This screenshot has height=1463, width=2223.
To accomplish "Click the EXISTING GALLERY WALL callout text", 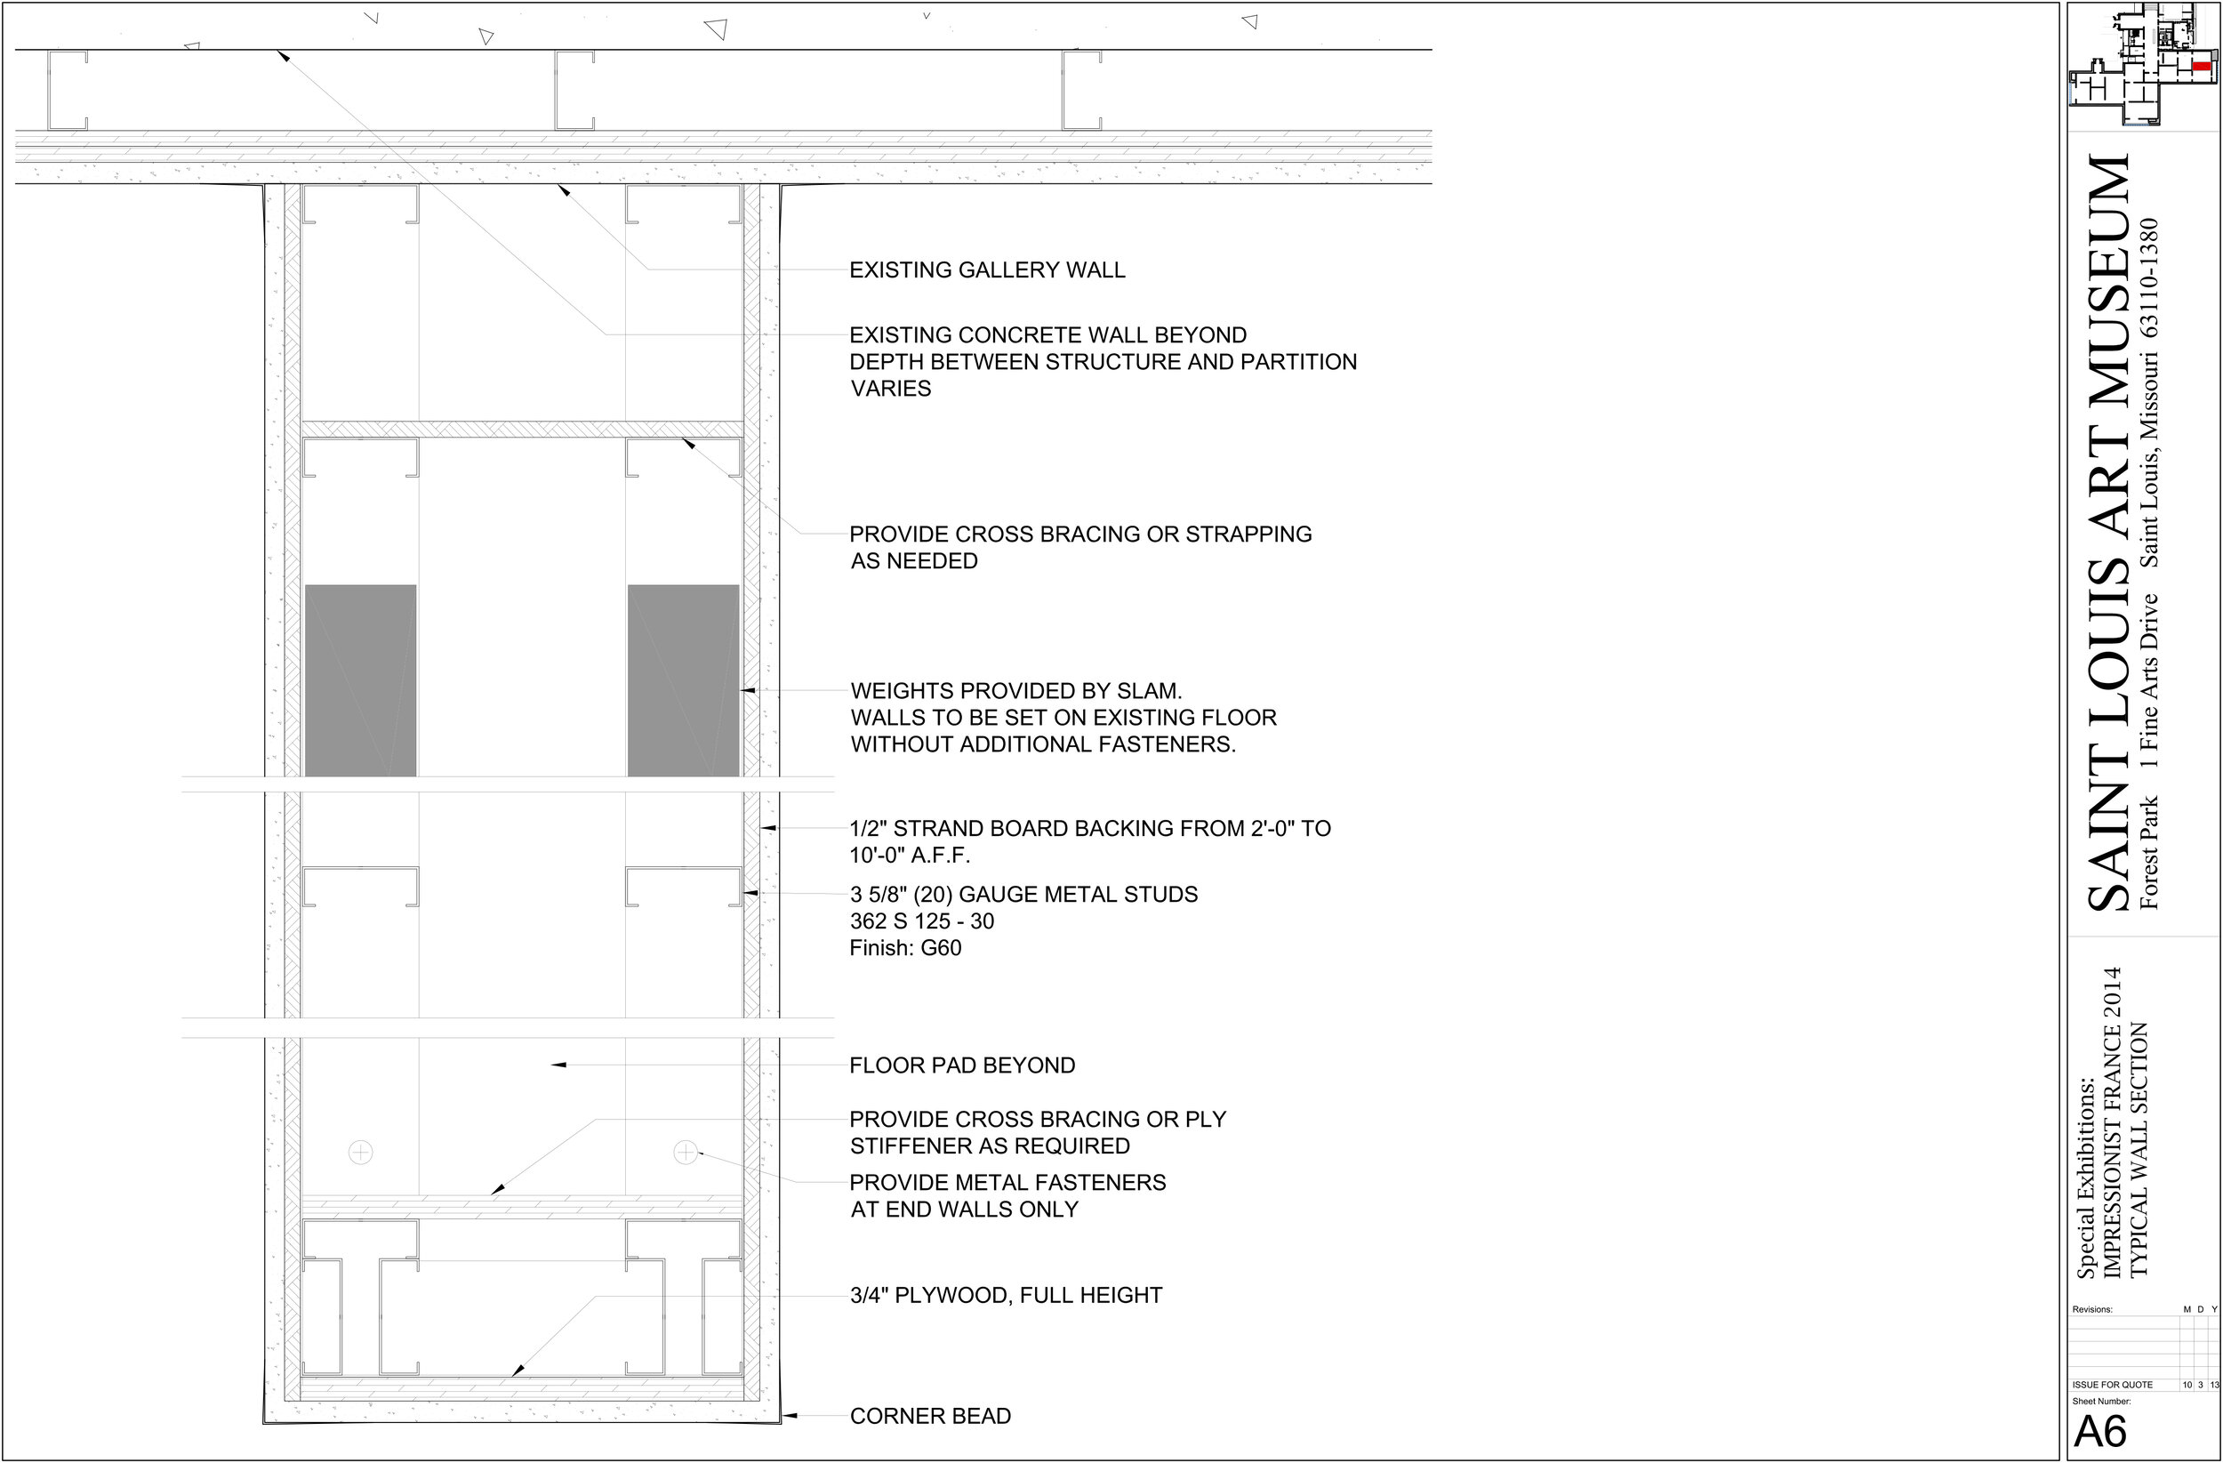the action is click(987, 270).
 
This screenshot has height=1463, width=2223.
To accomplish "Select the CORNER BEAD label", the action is click(930, 1416).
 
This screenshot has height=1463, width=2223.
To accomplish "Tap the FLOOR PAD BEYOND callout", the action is click(962, 1065).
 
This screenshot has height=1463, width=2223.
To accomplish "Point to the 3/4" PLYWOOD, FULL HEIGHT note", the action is click(1006, 1295).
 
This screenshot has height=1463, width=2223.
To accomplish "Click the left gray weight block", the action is click(360, 680).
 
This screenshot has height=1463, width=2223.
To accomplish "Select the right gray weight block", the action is click(683, 680).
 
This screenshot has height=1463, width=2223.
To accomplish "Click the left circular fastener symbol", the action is click(360, 1153).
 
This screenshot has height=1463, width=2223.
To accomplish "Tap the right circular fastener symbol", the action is click(686, 1153).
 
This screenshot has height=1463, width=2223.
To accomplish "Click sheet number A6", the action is click(2100, 1431).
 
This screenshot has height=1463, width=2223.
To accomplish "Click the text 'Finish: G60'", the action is click(905, 948).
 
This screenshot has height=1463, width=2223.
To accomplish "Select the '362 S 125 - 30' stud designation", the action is click(922, 921).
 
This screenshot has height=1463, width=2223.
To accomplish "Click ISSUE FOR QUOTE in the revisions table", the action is click(2112, 1385).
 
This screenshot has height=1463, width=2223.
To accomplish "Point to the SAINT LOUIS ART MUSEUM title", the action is click(2109, 533).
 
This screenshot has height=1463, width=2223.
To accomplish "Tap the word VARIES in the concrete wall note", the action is click(891, 389).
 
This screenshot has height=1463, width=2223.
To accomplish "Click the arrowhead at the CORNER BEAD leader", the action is click(788, 1416).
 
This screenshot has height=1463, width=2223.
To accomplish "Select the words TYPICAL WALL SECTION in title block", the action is click(2139, 1150).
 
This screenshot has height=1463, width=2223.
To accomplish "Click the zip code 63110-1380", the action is click(2150, 277).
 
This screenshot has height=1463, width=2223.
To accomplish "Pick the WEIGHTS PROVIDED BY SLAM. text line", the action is click(1016, 691).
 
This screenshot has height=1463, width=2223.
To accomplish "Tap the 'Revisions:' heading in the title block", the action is click(2092, 1309).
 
